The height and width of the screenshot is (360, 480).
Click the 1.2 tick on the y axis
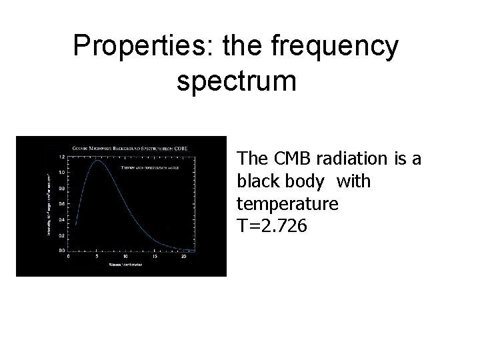point(61,157)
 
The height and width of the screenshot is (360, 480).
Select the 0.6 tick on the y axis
point(61,204)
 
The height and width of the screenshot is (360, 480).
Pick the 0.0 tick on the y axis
point(61,251)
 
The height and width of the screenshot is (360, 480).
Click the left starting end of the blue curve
point(75,225)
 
